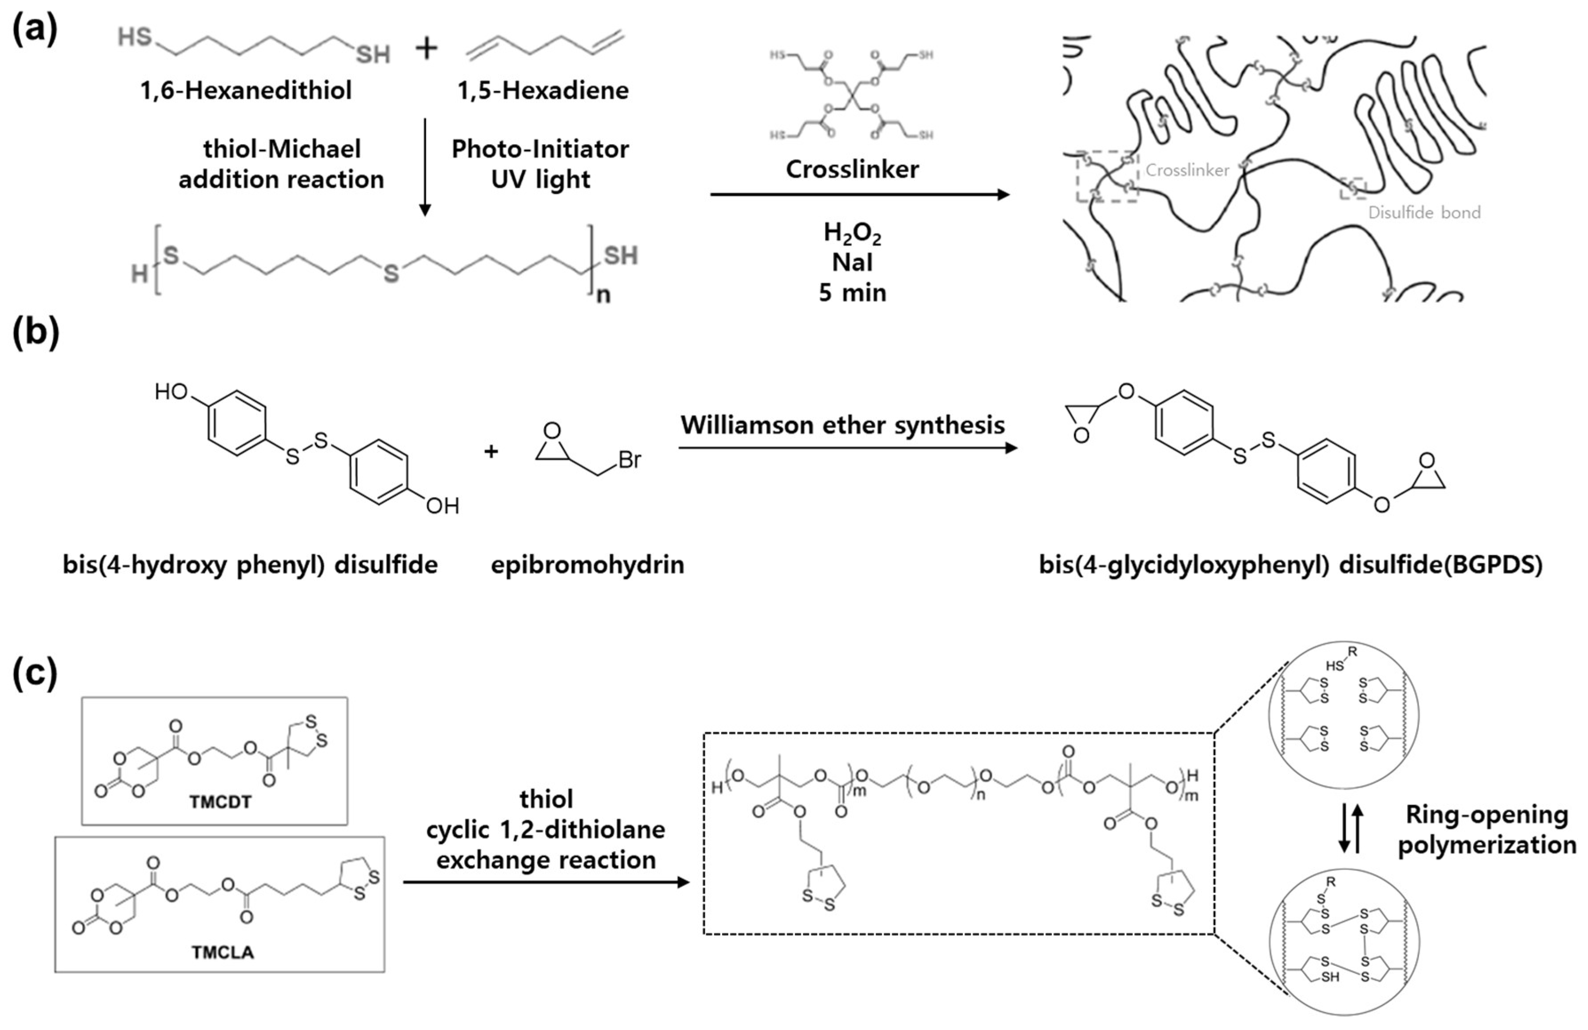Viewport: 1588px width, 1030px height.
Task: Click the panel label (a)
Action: (x=35, y=30)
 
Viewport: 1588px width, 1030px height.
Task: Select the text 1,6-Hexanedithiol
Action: (x=246, y=90)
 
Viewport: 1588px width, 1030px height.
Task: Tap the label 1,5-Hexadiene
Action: (x=543, y=90)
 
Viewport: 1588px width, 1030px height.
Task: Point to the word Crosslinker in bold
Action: (x=852, y=169)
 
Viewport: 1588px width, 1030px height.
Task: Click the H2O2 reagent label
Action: (x=852, y=233)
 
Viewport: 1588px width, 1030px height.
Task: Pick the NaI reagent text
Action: (x=852, y=262)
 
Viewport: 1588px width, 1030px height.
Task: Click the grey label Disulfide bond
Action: (x=1424, y=212)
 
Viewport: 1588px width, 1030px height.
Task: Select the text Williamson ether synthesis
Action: (x=842, y=425)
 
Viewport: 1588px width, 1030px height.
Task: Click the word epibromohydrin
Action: (x=587, y=565)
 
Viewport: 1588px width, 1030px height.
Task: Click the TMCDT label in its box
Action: (x=220, y=802)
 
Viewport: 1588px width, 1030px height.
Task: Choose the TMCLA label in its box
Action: (x=223, y=952)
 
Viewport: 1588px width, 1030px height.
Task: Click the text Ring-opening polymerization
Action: (x=1487, y=830)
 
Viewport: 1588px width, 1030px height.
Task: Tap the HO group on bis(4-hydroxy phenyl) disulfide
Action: (x=171, y=391)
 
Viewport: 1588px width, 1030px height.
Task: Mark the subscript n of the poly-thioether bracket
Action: (x=603, y=294)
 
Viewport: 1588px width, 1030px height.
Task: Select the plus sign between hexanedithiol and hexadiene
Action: (x=427, y=48)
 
